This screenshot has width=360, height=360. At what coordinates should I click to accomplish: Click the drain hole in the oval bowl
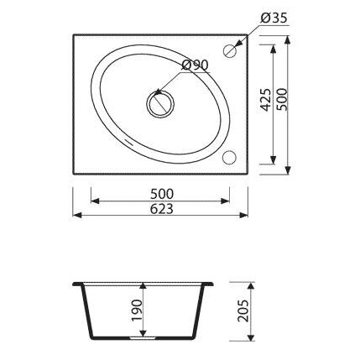click(158, 103)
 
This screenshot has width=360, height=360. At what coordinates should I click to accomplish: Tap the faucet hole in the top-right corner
click(229, 51)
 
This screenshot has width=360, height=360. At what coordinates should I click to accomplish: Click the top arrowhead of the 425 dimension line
click(274, 48)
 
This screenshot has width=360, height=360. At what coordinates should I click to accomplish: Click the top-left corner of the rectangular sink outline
click(75, 34)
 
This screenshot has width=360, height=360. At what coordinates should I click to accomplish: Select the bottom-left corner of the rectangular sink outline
click(75, 174)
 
